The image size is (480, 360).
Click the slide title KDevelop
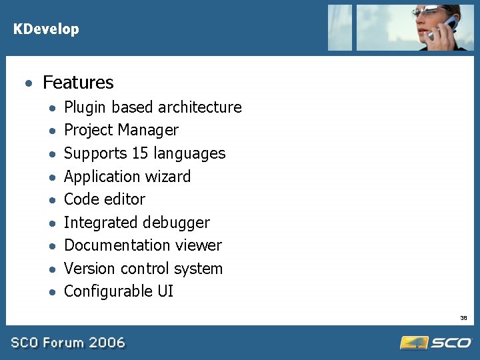point(46,29)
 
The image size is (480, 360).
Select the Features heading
point(78,83)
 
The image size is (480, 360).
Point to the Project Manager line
point(121,130)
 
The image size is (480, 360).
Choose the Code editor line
point(104,199)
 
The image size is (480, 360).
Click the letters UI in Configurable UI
point(165,291)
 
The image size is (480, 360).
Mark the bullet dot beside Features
point(27,83)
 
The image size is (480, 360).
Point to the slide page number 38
point(463,318)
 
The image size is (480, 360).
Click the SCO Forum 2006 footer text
point(67,343)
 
